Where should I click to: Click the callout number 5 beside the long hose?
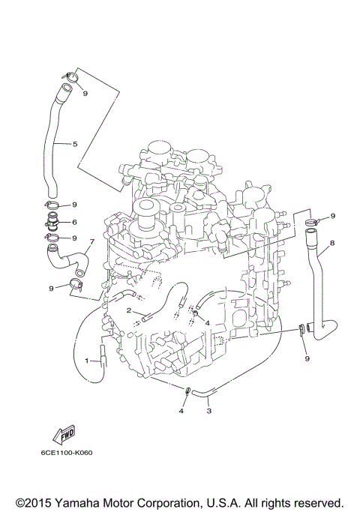point(76,143)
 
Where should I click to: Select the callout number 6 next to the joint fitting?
point(75,222)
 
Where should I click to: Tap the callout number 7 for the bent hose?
point(91,243)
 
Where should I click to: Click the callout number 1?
point(86,361)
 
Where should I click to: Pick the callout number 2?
point(128,310)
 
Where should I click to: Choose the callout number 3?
point(208,411)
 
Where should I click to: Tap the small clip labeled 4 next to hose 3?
point(186,391)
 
